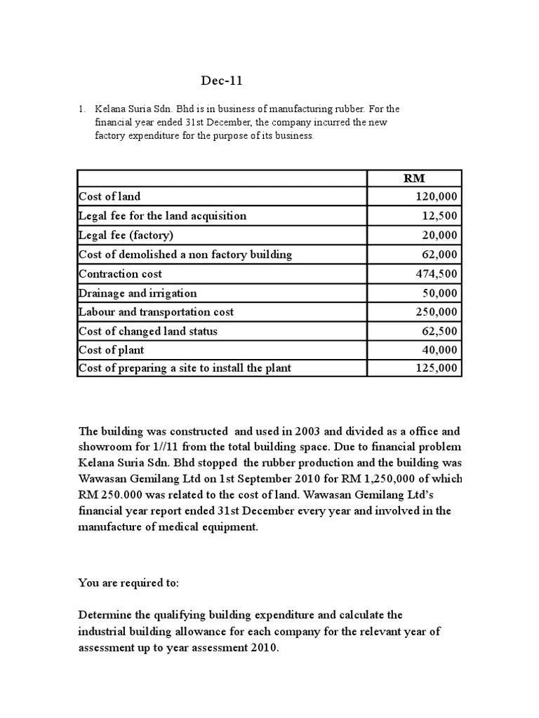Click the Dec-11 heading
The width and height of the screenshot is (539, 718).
click(x=221, y=81)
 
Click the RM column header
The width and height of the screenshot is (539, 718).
click(x=414, y=178)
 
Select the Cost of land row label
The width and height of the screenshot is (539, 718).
click(x=109, y=197)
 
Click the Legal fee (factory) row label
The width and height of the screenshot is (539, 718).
click(x=126, y=235)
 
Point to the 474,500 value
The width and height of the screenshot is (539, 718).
click(x=437, y=273)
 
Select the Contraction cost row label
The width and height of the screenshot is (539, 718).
click(x=120, y=273)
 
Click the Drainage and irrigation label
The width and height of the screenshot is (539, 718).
click(x=138, y=293)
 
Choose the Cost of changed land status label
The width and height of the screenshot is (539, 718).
click(x=148, y=331)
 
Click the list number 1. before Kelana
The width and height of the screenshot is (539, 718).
click(x=81, y=109)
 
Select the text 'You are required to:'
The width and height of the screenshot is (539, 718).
click(x=128, y=583)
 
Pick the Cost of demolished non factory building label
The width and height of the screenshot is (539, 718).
click(x=185, y=255)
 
